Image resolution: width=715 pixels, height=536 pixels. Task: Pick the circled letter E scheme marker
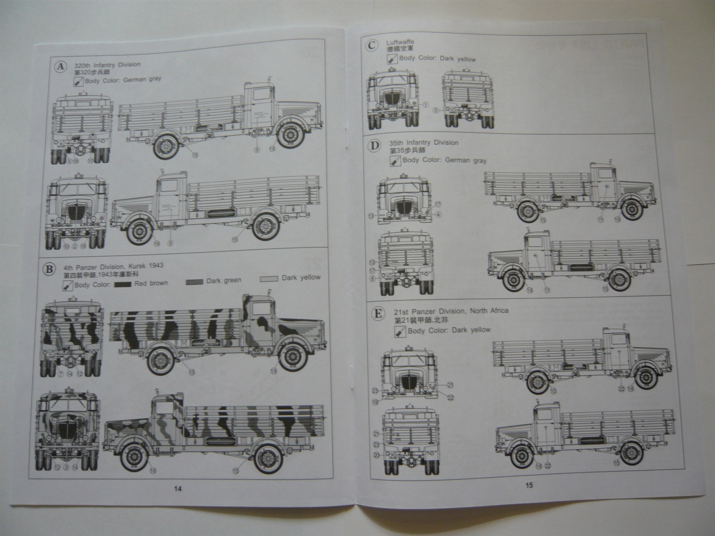pos(379,313)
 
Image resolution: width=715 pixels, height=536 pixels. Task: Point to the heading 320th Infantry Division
pos(107,64)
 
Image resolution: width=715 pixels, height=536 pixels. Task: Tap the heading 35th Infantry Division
pos(424,143)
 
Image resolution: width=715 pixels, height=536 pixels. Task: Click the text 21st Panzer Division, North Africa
pos(451,311)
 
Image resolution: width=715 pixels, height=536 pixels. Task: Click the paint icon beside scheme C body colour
pos(392,59)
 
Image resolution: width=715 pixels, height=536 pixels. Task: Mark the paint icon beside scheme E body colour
pos(400,331)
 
